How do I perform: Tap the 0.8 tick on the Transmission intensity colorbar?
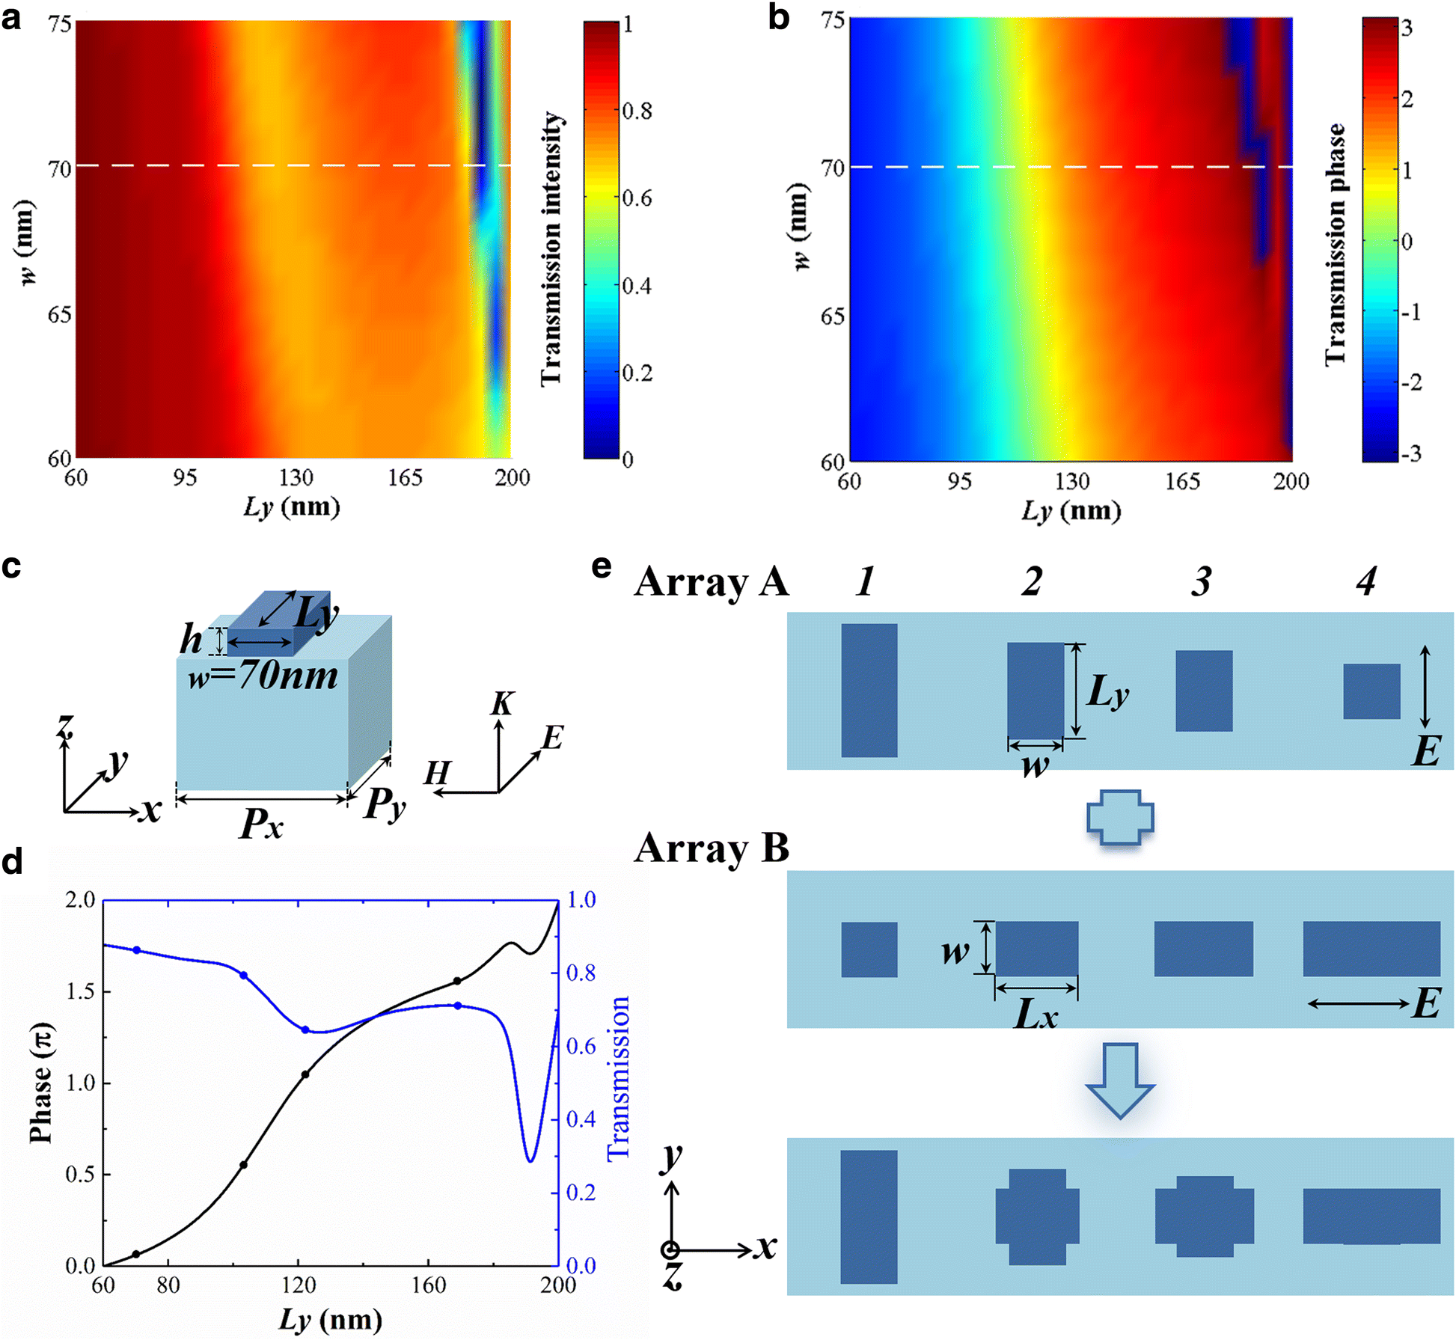point(637,111)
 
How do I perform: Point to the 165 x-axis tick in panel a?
point(404,477)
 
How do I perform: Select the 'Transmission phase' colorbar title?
point(1335,244)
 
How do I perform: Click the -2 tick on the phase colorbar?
point(1410,383)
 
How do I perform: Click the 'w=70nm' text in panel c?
point(263,676)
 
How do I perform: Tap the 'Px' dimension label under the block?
point(261,824)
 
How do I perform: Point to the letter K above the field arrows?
point(503,704)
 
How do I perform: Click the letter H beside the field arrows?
point(438,772)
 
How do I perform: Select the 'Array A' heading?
point(711,581)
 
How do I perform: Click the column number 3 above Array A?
point(1202,581)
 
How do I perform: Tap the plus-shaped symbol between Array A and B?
point(1119,817)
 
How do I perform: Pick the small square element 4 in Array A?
point(1371,691)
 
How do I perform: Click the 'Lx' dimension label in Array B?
point(1036,1015)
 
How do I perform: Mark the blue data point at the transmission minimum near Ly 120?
point(305,1030)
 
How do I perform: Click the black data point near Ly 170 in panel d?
point(457,981)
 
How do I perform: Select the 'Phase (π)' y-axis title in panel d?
point(41,1082)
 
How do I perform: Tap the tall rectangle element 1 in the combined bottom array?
point(868,1217)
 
